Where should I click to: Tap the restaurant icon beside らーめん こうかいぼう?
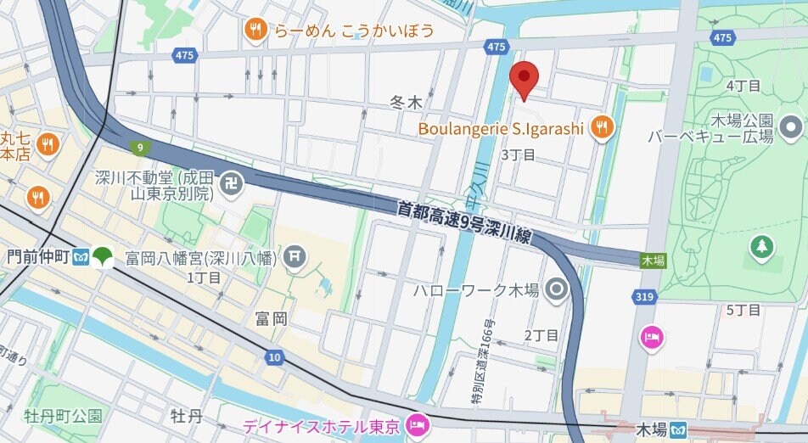pyautogui.click(x=255, y=31)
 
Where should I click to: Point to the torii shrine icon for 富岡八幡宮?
pyautogui.click(x=295, y=255)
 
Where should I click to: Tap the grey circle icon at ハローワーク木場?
pyautogui.click(x=557, y=290)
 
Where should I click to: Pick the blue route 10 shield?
pyautogui.click(x=272, y=357)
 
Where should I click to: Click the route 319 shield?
pyautogui.click(x=643, y=296)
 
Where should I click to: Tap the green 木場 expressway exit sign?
pyautogui.click(x=653, y=261)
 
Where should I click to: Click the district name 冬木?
pyautogui.click(x=406, y=103)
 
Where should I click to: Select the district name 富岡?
pyautogui.click(x=271, y=318)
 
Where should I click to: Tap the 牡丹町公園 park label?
pyautogui.click(x=63, y=416)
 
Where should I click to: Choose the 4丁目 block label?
pyautogui.click(x=743, y=86)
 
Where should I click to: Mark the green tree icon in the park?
pyautogui.click(x=761, y=248)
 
